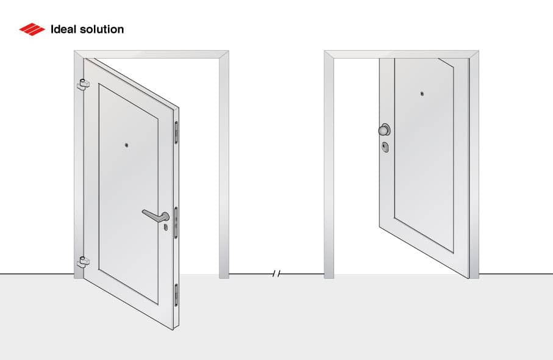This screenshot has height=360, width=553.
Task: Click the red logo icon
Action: (32, 29)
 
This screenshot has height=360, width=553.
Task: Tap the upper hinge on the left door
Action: (82, 84)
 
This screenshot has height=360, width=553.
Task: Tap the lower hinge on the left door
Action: (82, 262)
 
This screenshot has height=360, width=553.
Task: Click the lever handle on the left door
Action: (156, 214)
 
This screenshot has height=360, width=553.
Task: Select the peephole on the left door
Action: (126, 145)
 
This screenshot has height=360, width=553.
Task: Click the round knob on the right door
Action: (384, 129)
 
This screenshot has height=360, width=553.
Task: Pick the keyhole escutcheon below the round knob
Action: (385, 147)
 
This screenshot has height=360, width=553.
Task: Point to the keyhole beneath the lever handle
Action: (165, 227)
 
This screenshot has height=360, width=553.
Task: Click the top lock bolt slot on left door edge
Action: (177, 132)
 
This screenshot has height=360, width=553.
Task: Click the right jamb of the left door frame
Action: (224, 165)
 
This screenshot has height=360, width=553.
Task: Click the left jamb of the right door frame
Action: (329, 165)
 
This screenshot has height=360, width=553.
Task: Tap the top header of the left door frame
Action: (152, 54)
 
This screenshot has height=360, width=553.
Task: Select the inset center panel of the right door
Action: (424, 153)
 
